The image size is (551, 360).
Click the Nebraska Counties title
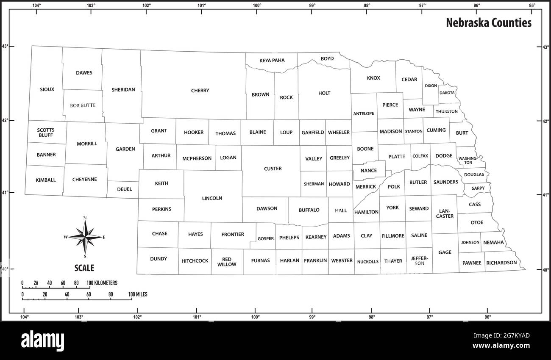point(488,23)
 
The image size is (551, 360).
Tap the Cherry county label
point(200,91)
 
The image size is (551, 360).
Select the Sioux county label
point(47,89)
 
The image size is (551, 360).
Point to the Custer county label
point(273,169)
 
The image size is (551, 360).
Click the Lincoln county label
point(212,198)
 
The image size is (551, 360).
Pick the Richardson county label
point(501,263)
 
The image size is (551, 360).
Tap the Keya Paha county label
point(272,60)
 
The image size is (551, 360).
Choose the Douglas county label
point(474,174)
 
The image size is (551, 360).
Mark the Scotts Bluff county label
point(45,133)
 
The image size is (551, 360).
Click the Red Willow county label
point(227,262)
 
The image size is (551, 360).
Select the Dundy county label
point(159,259)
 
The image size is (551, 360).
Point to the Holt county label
point(324,93)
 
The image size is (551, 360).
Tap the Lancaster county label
point(445,213)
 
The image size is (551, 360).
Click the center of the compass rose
point(85,237)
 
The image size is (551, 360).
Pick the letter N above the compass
point(85,218)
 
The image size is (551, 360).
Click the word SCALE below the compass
point(84,268)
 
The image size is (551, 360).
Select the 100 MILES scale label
point(138,294)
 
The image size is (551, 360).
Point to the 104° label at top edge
point(37,6)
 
